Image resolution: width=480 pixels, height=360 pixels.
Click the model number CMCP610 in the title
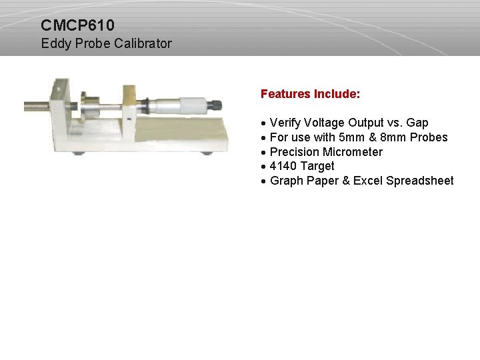(x=77, y=26)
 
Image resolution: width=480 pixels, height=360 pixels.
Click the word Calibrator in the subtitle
(x=143, y=44)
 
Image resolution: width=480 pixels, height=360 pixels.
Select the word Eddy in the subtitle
(x=54, y=44)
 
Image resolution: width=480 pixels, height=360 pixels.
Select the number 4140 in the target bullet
(x=284, y=166)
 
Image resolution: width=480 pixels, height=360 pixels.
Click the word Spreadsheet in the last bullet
(x=420, y=181)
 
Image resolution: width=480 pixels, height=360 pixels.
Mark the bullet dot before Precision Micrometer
(x=265, y=152)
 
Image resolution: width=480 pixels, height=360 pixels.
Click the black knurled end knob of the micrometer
(x=215, y=105)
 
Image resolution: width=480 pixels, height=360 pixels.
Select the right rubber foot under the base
(x=207, y=153)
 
